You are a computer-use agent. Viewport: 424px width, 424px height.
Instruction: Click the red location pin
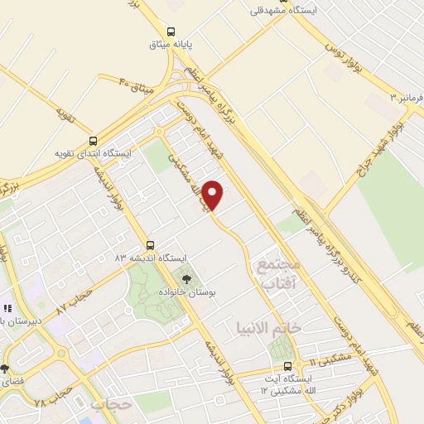(x=214, y=195)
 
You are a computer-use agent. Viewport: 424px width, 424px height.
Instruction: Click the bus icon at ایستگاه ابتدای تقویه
(x=92, y=141)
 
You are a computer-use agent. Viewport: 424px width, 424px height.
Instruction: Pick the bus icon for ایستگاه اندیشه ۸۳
(x=150, y=245)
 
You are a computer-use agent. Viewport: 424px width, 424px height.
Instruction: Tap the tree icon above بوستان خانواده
(x=185, y=280)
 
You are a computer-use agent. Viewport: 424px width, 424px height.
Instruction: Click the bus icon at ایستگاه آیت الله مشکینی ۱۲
(x=287, y=366)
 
